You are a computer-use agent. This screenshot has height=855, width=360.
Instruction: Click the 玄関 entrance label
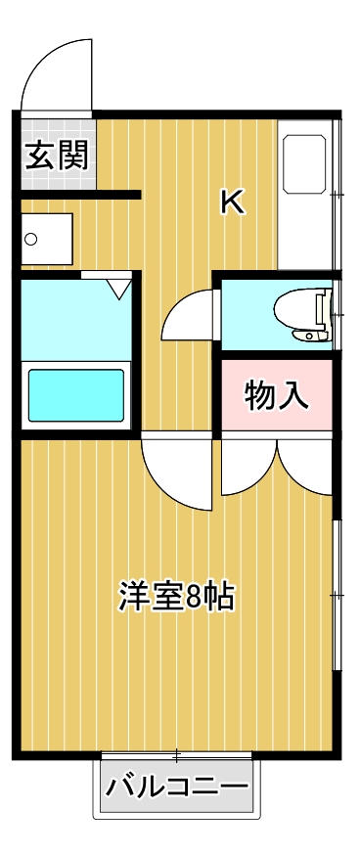[58, 155]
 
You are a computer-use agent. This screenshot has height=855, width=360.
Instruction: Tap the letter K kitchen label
[232, 202]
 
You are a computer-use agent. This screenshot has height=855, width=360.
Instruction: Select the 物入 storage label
[277, 395]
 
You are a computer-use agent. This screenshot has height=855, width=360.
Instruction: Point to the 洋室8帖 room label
[177, 596]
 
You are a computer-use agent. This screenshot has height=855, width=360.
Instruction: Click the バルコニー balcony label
[178, 787]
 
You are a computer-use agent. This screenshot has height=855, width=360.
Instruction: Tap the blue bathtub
[75, 394]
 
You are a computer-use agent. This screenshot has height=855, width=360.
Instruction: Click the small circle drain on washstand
[31, 239]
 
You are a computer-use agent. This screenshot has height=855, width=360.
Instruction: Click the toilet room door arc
[188, 315]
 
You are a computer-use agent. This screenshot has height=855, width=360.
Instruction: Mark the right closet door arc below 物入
[305, 468]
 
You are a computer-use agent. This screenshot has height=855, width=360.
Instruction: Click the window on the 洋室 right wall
[337, 595]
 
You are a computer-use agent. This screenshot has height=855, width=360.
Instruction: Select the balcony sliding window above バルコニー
[177, 755]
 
